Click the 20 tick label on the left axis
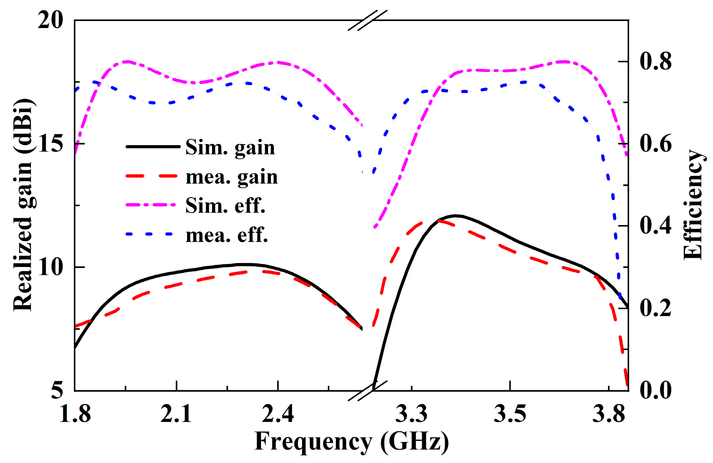pos(50,20)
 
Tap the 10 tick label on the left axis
pos(50,267)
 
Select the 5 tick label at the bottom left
pos(57,390)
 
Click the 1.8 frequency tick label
pos(75,413)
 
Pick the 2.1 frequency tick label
pos(176,413)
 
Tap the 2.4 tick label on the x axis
pos(278,413)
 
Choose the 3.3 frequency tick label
pos(412,413)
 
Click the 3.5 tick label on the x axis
pos(510,413)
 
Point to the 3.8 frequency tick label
pos(608,413)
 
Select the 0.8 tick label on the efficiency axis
pos(655,62)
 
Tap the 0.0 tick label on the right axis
pos(655,390)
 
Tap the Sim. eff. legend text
pos(225,205)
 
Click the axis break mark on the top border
pos(367,20)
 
